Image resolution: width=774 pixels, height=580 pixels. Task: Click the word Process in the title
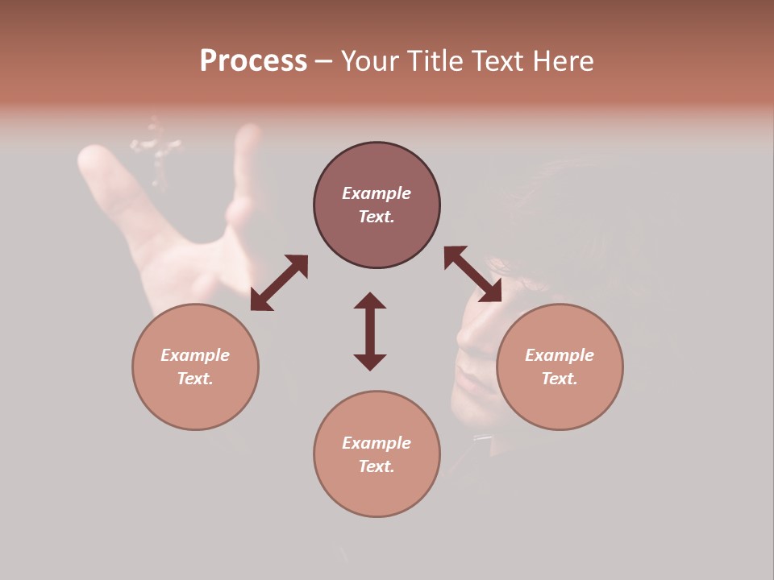(253, 61)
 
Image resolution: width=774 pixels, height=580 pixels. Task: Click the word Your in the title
(372, 61)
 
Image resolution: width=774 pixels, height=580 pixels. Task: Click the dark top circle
(377, 205)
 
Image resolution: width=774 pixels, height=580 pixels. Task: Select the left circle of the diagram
(195, 367)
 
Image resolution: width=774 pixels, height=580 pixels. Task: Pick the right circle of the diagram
(560, 367)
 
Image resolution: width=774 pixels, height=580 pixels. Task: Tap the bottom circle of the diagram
(377, 454)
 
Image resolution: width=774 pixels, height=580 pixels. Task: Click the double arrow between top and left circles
(279, 283)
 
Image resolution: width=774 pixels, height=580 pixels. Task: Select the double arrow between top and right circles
(472, 275)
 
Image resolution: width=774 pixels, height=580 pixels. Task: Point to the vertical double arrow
(370, 331)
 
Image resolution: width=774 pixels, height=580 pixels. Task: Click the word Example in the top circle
(377, 193)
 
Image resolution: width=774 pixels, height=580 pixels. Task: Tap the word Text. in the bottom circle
(377, 466)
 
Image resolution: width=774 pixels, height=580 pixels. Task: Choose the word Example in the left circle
(195, 355)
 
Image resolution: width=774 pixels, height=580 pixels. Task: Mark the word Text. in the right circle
(560, 379)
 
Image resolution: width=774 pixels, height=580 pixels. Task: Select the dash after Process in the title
(324, 61)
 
